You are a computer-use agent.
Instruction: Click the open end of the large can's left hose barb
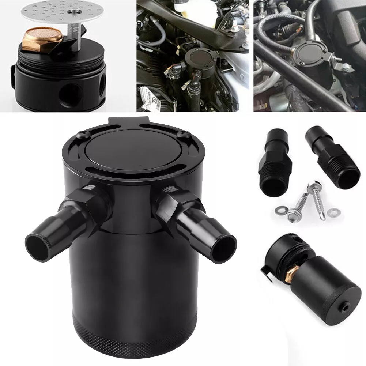(x=38, y=243)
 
